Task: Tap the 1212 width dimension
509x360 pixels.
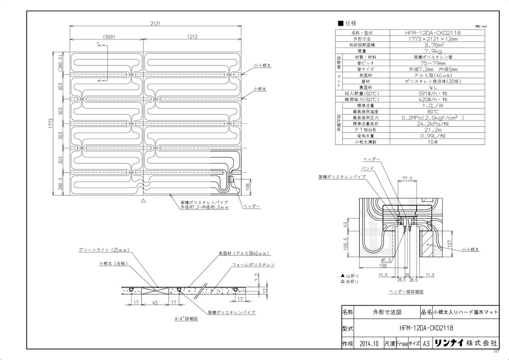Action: (x=192, y=37)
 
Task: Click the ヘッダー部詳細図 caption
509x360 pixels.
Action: (x=406, y=292)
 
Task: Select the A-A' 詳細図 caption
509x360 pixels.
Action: (x=186, y=319)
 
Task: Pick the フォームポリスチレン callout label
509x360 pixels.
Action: (x=253, y=265)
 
